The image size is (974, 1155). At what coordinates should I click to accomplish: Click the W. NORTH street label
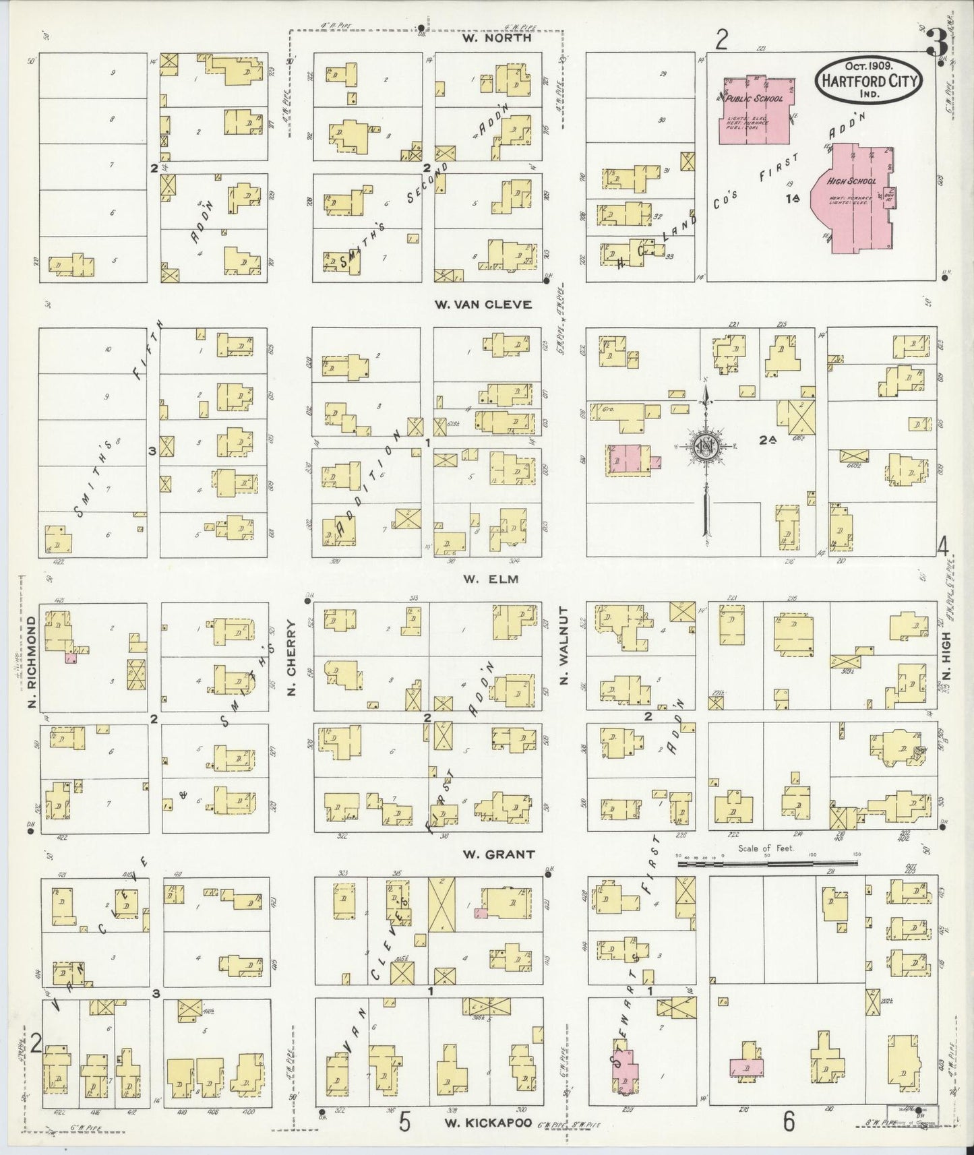click(x=497, y=38)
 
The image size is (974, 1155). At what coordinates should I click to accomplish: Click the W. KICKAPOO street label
click(x=489, y=1124)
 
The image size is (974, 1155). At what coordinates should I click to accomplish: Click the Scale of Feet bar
click(x=767, y=862)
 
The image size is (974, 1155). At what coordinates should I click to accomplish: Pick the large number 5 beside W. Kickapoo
click(x=404, y=1121)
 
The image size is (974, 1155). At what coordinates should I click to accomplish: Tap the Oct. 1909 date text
click(x=866, y=65)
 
